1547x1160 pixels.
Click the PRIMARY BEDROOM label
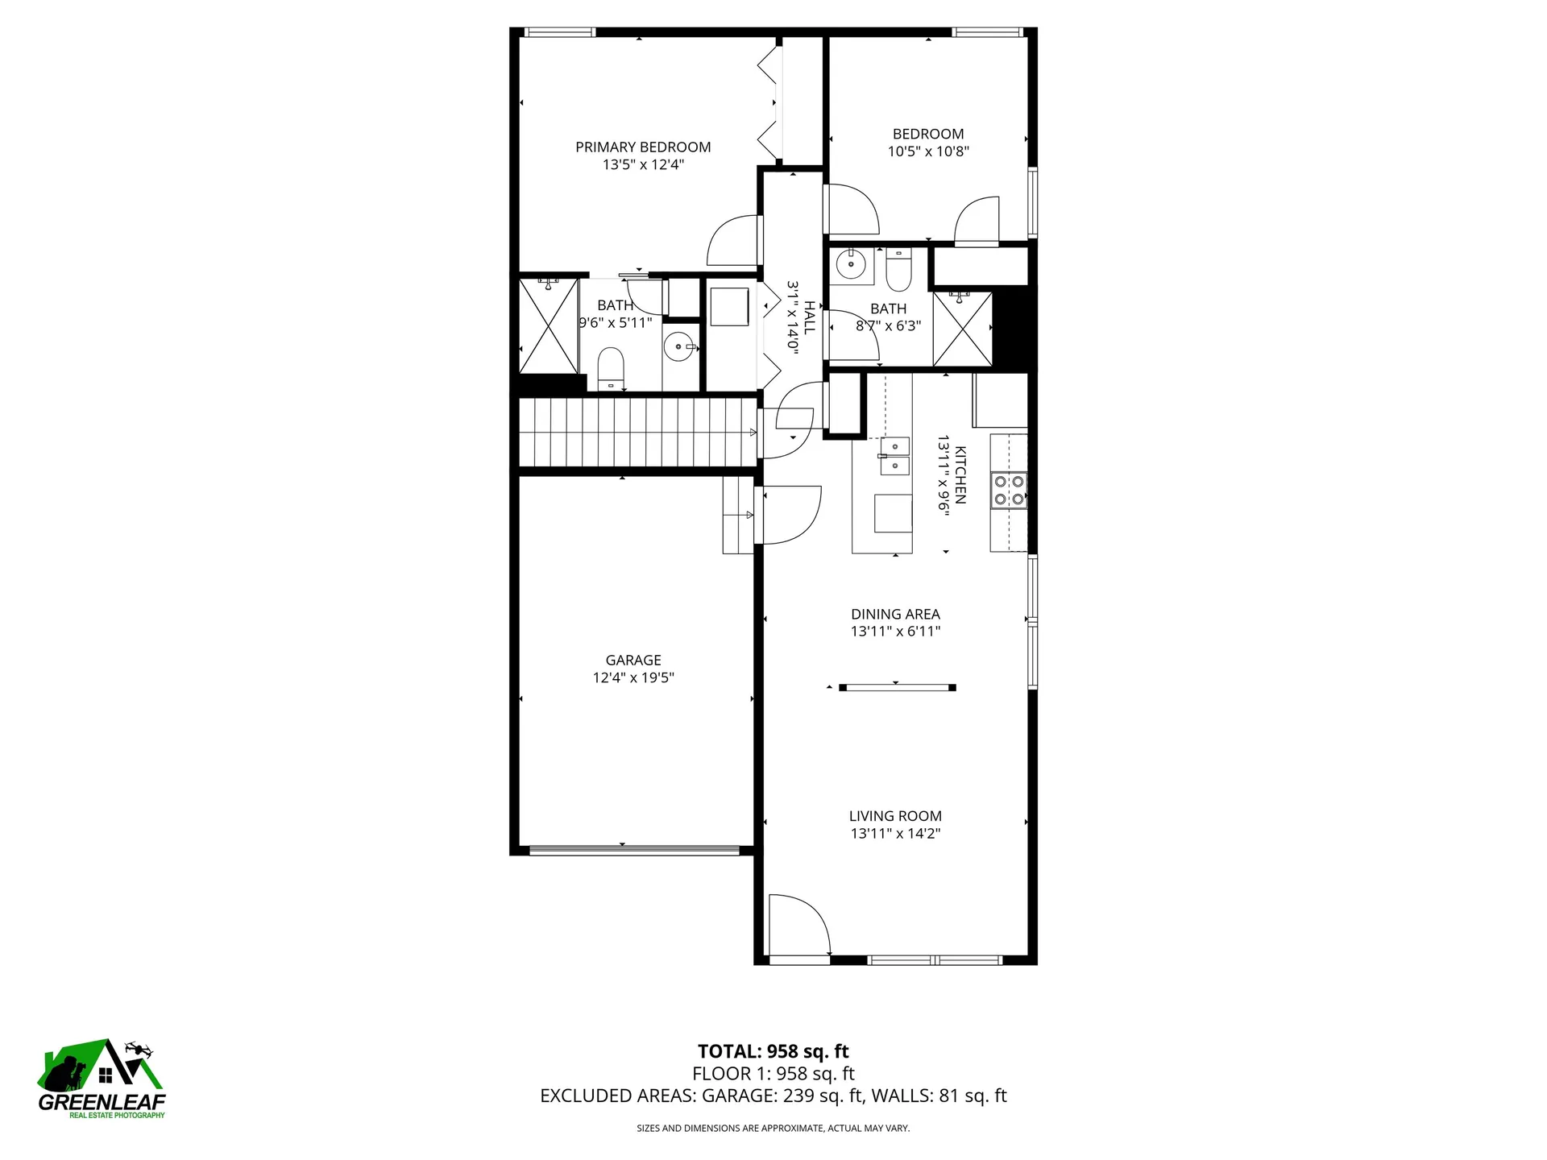point(643,147)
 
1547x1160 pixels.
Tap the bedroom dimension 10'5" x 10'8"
point(928,151)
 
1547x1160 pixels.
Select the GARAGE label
point(633,660)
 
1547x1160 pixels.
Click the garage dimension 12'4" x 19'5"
point(633,677)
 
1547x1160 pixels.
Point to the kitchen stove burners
point(1009,490)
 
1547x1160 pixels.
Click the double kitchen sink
point(894,456)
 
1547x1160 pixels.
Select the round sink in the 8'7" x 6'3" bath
point(849,263)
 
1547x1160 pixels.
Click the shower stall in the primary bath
point(549,325)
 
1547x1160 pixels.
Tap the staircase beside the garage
point(637,433)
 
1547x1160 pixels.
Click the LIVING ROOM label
point(895,816)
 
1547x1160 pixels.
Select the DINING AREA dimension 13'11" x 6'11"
point(895,632)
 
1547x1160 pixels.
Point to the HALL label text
point(809,317)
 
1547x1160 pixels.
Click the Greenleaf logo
point(102,1078)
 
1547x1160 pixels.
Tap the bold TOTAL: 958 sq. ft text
point(773,1051)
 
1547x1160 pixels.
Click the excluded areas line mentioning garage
point(773,1096)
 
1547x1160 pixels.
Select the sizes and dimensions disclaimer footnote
point(773,1129)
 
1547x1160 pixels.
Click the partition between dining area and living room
point(897,688)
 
